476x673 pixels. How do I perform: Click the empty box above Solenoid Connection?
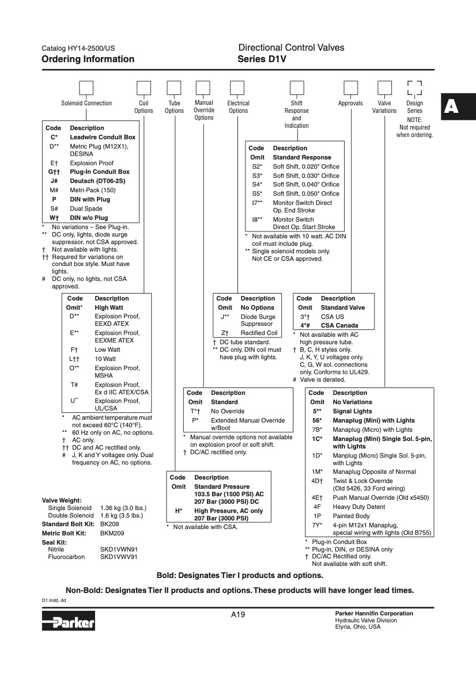tap(86, 88)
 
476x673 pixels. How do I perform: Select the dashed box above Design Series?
tap(414, 88)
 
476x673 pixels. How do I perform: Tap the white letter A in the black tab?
tap(452, 107)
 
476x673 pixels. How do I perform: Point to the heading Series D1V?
tap(262, 59)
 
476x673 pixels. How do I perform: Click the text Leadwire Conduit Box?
tap(103, 137)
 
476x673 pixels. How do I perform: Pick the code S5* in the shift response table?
tap(257, 193)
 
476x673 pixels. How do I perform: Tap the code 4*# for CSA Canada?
tap(305, 326)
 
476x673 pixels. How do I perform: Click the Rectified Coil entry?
tap(259, 333)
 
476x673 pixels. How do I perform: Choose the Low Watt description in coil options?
tap(107, 349)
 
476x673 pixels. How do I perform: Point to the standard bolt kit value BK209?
tap(109, 524)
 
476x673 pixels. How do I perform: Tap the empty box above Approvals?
tap(350, 88)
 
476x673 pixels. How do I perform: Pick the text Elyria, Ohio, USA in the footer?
tap(358, 627)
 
